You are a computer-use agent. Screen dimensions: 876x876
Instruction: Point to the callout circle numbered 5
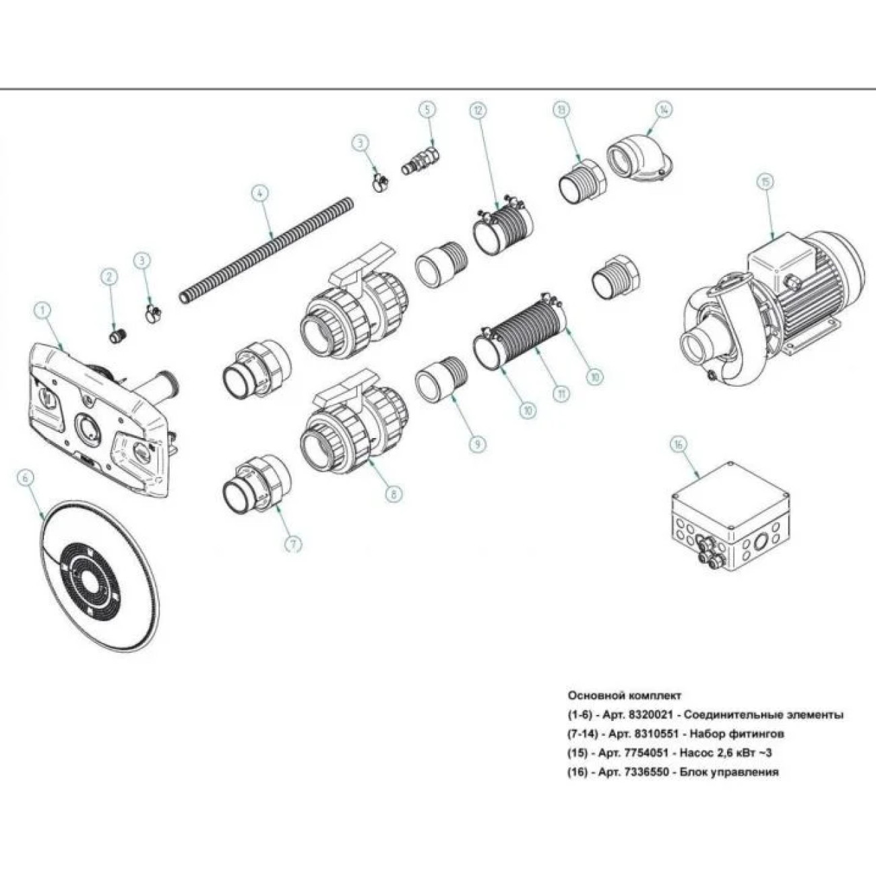[x=427, y=110]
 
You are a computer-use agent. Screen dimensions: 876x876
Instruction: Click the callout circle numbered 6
[x=26, y=478]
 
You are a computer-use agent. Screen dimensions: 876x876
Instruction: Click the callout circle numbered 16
[x=679, y=445]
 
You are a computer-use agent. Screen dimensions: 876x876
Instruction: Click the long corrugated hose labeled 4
[x=266, y=251]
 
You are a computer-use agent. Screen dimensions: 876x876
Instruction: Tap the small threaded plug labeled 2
[x=118, y=337]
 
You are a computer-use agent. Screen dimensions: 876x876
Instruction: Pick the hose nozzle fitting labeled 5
[x=421, y=160]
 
